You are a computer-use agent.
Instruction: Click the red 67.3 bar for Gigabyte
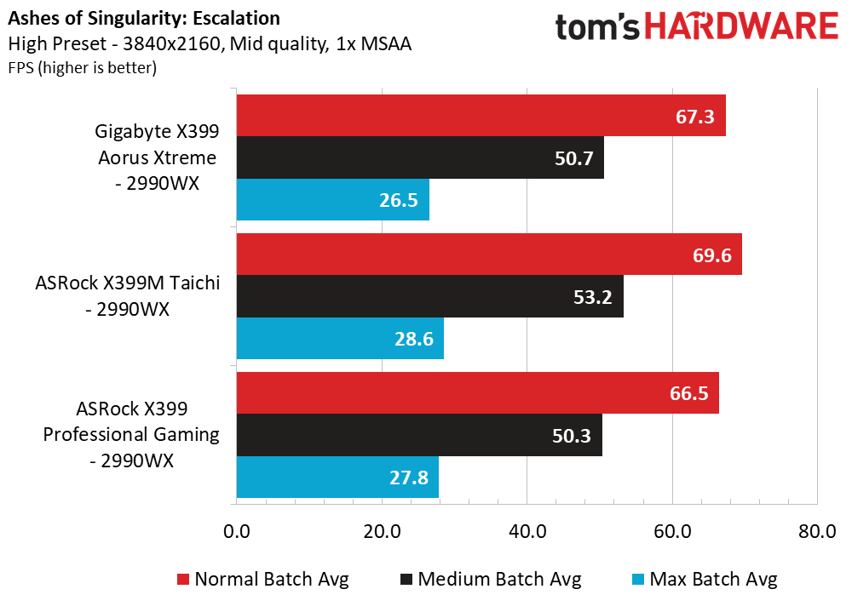(x=481, y=115)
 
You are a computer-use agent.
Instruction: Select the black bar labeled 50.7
(x=420, y=157)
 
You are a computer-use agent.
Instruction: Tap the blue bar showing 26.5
(x=332, y=200)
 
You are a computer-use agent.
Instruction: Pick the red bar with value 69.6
(x=489, y=254)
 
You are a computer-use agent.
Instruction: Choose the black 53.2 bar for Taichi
(x=429, y=296)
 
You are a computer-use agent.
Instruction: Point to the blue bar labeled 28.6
(x=340, y=339)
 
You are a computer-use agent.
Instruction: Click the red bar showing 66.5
(x=477, y=392)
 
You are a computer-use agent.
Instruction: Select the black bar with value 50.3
(x=419, y=435)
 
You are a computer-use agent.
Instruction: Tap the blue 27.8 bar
(x=337, y=478)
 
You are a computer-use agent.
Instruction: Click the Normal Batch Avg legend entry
(x=262, y=580)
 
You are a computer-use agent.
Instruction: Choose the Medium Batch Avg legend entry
(x=490, y=580)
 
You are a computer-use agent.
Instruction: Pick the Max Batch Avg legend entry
(x=704, y=580)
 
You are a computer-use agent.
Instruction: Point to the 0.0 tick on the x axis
(x=236, y=532)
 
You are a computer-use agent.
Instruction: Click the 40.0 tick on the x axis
(x=527, y=532)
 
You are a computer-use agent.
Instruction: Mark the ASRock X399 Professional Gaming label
(x=132, y=435)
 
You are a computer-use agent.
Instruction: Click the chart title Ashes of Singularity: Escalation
(x=143, y=18)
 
